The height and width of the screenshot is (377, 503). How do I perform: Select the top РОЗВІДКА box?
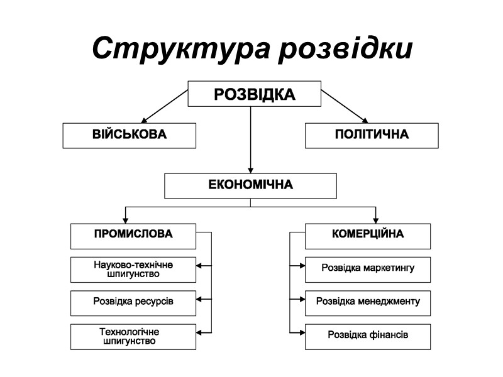[x=254, y=94]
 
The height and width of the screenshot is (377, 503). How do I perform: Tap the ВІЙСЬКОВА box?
[x=130, y=135]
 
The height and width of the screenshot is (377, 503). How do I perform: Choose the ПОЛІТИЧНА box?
[x=372, y=135]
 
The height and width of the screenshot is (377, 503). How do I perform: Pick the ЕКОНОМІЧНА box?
[x=250, y=185]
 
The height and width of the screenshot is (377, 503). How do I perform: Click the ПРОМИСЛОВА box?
[x=133, y=235]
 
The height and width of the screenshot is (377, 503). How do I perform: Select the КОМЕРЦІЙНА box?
[x=368, y=235]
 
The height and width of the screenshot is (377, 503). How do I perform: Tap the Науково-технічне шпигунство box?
[x=133, y=269]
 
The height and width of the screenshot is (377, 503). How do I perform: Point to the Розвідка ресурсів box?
[x=133, y=302]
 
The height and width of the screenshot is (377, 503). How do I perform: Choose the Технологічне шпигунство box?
[x=133, y=336]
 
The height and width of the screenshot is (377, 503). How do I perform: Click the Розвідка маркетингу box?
[x=368, y=269]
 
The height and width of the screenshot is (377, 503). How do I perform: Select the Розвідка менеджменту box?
[x=368, y=302]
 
